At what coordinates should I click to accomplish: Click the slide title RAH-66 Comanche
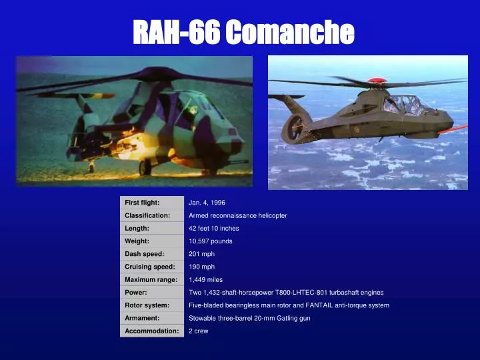[243, 31]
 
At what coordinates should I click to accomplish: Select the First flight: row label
[142, 202]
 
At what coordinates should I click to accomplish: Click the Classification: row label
[147, 215]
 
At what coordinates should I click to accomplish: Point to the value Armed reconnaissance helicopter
[237, 215]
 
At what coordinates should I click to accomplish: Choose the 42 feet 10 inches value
[213, 228]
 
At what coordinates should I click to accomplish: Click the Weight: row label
[137, 241]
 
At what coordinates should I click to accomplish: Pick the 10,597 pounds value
[210, 241]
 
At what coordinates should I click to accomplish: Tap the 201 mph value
[201, 253]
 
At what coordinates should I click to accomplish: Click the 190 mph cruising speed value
[201, 267]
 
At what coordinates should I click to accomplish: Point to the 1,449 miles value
[205, 279]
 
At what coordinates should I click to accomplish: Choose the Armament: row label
[142, 318]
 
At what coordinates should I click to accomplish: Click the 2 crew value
[198, 331]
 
